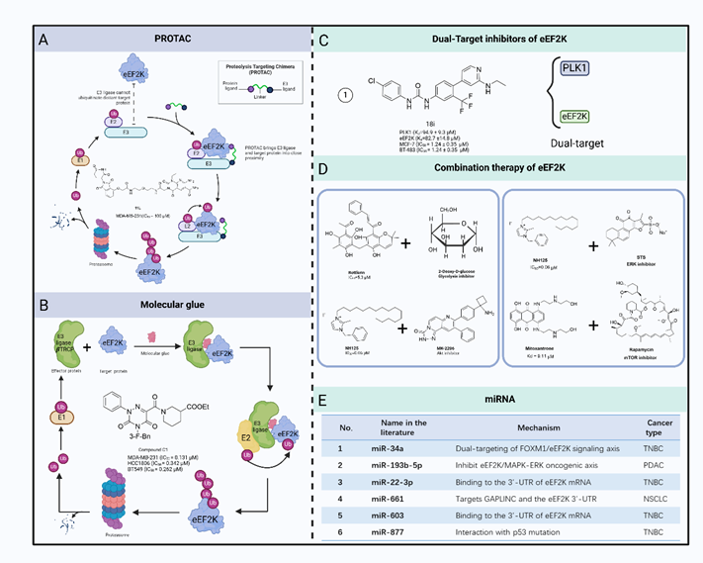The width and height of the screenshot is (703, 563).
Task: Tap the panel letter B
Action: coord(44,294)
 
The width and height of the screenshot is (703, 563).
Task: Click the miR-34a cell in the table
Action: coord(413,449)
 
